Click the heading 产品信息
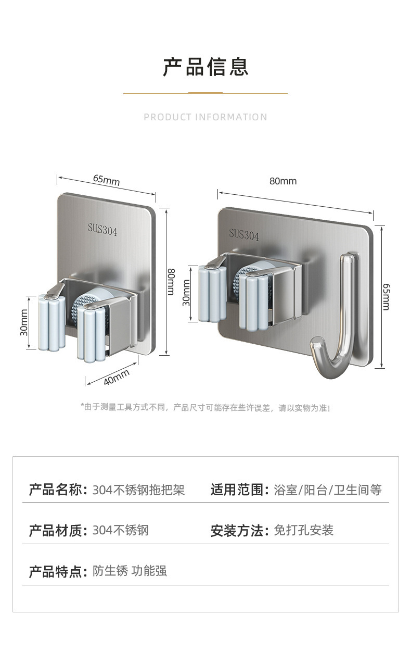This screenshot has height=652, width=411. [x=205, y=67]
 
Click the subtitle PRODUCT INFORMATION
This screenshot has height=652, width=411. [x=205, y=117]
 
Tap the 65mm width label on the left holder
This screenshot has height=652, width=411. [x=107, y=180]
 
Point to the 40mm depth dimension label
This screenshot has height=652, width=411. [x=117, y=377]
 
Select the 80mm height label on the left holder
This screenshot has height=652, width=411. [x=171, y=281]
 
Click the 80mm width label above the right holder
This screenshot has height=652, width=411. [x=283, y=181]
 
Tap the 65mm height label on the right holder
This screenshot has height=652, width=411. [x=387, y=297]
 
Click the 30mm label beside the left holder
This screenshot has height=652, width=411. [x=24, y=322]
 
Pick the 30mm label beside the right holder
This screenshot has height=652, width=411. [x=186, y=293]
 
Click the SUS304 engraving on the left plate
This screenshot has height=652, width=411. [x=102, y=230]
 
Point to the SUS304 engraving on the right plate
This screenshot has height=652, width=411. [x=244, y=234]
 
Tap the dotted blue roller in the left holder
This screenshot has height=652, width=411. [x=78, y=308]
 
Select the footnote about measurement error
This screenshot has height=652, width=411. [x=205, y=408]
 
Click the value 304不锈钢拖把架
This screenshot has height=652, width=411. [x=139, y=490]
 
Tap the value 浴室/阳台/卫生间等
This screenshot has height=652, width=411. [x=328, y=490]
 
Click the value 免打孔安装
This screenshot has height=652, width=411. [x=303, y=530]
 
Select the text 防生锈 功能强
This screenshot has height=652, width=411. [x=130, y=571]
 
